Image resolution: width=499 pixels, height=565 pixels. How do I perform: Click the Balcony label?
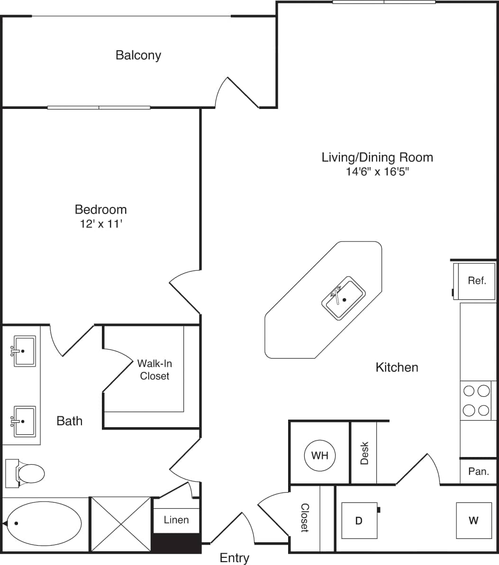tap(138, 55)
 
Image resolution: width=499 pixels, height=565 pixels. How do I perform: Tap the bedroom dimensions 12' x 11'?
tap(100, 224)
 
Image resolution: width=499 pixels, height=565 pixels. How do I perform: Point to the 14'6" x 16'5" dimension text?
tap(377, 172)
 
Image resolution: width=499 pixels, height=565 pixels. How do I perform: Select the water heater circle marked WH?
tap(319, 456)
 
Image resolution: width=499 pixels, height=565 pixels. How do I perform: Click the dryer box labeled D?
tap(359, 520)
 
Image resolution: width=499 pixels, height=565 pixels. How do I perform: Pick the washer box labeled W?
tap(473, 520)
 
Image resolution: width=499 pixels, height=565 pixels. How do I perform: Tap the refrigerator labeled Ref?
tap(476, 281)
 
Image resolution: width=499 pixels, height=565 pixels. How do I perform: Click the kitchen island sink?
tap(345, 299)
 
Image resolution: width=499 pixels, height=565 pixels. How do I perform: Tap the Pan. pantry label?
tap(478, 472)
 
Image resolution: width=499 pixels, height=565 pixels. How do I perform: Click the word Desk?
tap(364, 453)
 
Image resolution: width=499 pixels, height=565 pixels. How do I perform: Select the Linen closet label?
tap(176, 520)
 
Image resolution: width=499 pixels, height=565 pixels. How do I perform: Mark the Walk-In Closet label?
tap(154, 370)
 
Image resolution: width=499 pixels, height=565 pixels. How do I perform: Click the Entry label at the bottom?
tap(235, 558)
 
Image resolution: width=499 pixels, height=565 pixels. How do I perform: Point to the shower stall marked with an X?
tap(121, 524)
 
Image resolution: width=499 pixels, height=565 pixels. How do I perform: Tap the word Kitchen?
tap(397, 367)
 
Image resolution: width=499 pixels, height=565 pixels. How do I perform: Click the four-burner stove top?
tap(476, 401)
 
